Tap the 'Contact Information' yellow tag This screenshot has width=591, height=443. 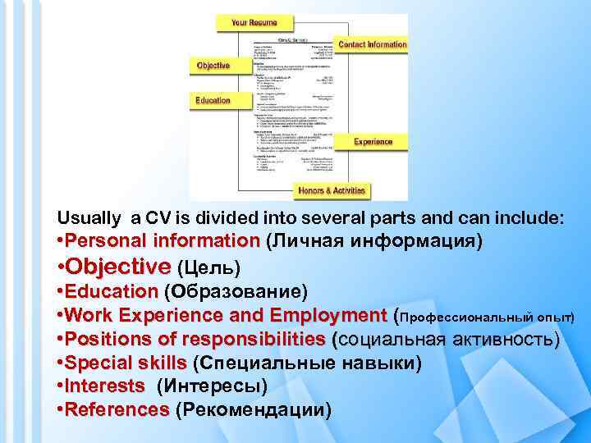tap(372, 44)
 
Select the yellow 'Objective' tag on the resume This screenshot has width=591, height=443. tap(213, 65)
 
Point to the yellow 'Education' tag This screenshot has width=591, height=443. tap(213, 100)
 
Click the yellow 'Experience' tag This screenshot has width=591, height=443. tap(373, 142)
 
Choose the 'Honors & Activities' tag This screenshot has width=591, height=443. tap(332, 191)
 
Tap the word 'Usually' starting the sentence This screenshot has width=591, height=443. tap(88, 218)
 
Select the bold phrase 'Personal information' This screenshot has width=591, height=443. tap(161, 242)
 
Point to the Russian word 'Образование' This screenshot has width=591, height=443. tap(236, 292)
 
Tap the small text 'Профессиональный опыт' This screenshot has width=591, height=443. tap(484, 317)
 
